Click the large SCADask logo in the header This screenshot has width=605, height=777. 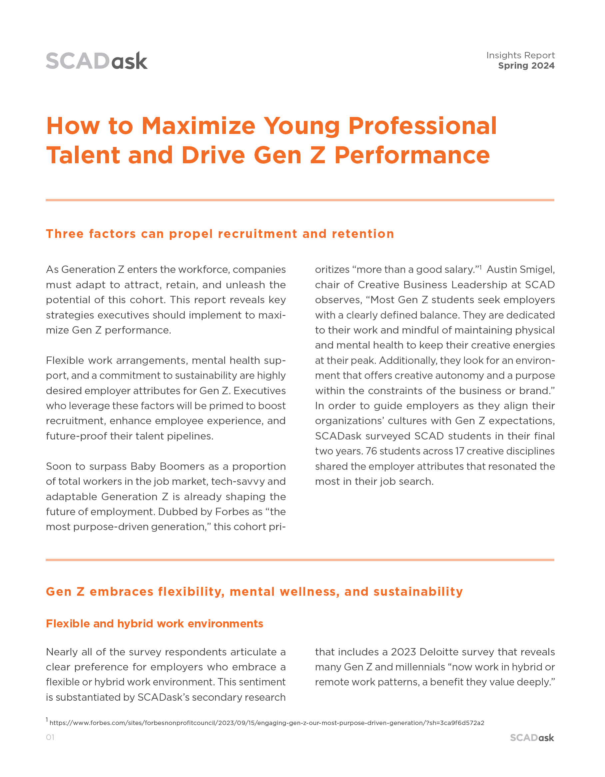pyautogui.click(x=96, y=61)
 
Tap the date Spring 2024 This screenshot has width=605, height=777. pyautogui.click(x=526, y=66)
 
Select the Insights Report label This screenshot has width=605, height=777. pyautogui.click(x=520, y=55)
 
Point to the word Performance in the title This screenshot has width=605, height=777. pyautogui.click(x=412, y=156)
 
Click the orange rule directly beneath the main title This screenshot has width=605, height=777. pyautogui.click(x=300, y=200)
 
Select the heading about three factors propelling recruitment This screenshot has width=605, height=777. pyautogui.click(x=220, y=234)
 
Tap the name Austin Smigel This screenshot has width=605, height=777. pyautogui.click(x=520, y=270)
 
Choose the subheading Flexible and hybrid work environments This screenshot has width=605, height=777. pyautogui.click(x=154, y=624)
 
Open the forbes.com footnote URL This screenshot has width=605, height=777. pyautogui.click(x=267, y=723)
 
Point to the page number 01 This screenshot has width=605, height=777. pyautogui.click(x=50, y=737)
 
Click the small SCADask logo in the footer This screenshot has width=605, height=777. pyautogui.click(x=532, y=738)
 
